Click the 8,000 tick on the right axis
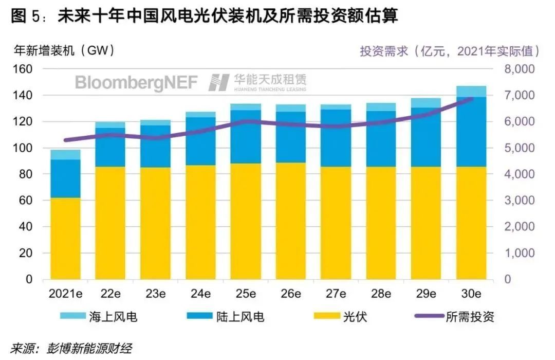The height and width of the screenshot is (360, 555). [520, 69]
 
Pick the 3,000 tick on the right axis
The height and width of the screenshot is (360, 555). [520, 201]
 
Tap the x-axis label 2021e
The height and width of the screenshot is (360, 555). [65, 294]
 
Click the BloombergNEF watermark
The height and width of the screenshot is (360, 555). [136, 82]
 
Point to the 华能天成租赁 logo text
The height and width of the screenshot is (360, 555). [270, 80]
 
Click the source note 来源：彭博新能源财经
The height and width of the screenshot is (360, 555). [71, 349]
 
